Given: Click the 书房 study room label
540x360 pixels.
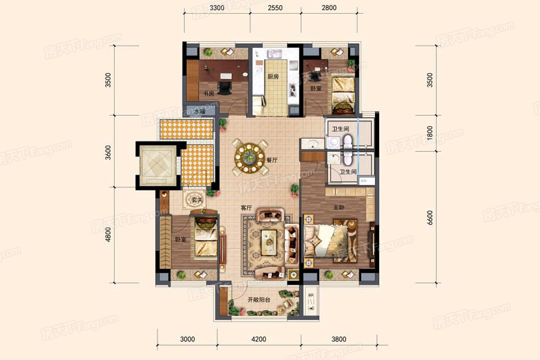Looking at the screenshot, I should point(209,94).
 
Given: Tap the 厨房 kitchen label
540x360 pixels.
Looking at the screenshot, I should point(274,77).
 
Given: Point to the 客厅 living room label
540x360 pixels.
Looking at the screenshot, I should point(246,208).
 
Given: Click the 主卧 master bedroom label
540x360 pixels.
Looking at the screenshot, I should point(338,208).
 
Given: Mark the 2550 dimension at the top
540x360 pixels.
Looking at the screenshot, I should point(275,8).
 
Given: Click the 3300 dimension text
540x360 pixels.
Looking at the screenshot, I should point(217,8).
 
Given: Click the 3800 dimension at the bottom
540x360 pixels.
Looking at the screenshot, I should point(338,339).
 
